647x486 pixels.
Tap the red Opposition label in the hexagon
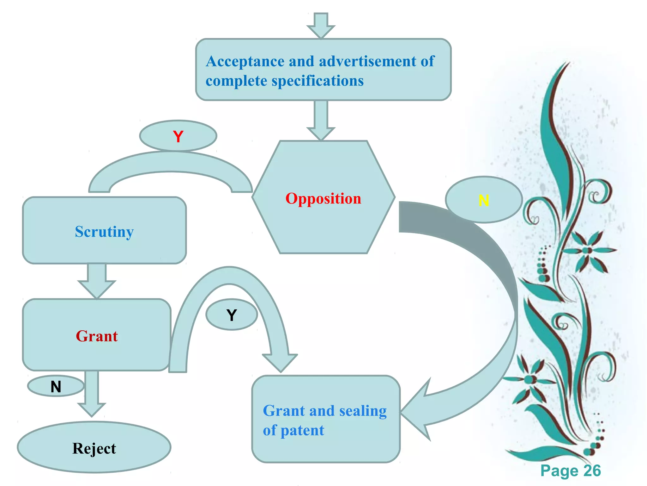(323, 199)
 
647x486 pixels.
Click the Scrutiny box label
(104, 232)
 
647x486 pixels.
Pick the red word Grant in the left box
(97, 336)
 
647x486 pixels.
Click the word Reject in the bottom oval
(94, 448)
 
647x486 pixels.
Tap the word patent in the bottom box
(302, 431)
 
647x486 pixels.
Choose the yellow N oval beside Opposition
(483, 200)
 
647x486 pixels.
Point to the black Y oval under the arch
(232, 315)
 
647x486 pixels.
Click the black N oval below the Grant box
(56, 386)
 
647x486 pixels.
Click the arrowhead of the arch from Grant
(280, 362)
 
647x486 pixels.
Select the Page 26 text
(570, 470)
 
